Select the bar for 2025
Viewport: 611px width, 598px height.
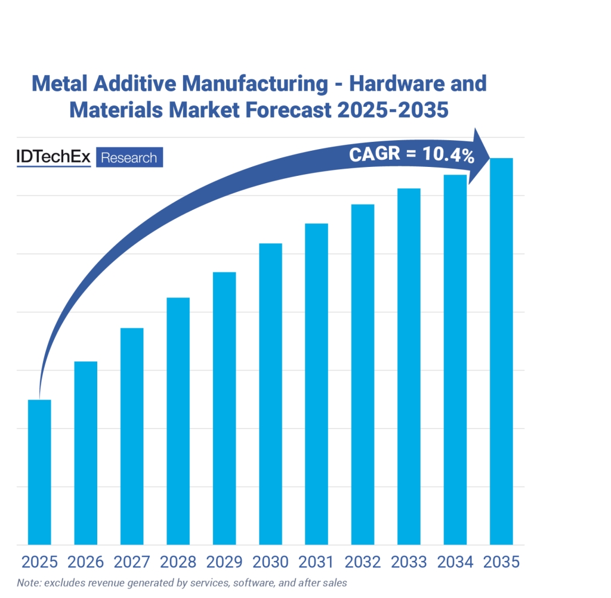point(39,472)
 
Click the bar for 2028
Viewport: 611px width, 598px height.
point(178,421)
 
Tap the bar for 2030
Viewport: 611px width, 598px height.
point(270,393)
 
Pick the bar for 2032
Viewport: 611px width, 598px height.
point(363,374)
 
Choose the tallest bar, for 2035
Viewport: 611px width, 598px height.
point(501,351)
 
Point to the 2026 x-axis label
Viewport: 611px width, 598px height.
point(85,562)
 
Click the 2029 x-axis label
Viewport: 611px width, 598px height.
point(224,562)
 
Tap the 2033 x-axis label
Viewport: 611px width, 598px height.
point(409,562)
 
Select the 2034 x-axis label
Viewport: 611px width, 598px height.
point(455,562)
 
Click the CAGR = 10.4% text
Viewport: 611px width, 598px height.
point(411,156)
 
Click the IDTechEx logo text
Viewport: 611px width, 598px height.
point(54,157)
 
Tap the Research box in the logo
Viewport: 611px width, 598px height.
point(129,158)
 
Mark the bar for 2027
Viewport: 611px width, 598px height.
point(132,436)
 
